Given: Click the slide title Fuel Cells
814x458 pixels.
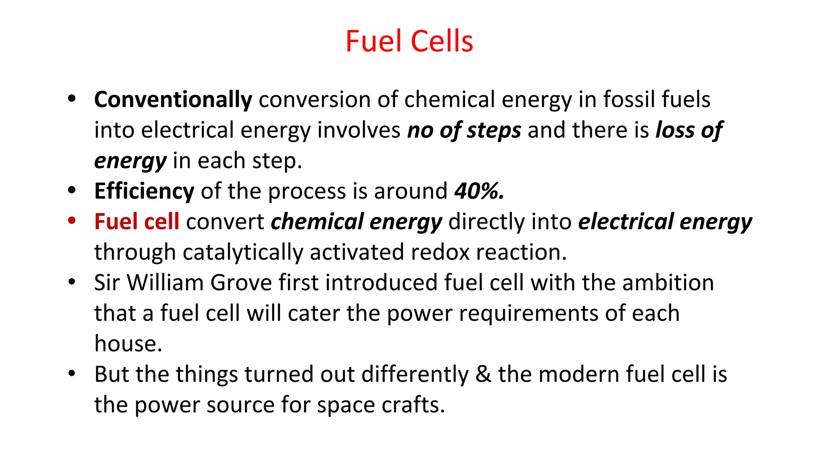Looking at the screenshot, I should click(409, 41).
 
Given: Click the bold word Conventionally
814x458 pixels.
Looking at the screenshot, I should click(173, 99).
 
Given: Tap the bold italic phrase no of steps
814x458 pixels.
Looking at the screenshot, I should click(464, 130).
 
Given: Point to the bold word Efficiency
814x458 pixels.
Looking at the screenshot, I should click(144, 191).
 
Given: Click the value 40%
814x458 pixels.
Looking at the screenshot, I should click(479, 191).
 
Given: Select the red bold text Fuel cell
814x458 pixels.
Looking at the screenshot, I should click(136, 222).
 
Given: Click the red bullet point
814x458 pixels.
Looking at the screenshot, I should click(72, 221).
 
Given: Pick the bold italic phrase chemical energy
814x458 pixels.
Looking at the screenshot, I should click(356, 222).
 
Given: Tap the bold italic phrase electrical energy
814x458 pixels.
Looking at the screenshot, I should click(665, 222).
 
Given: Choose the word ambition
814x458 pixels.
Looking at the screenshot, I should click(668, 283).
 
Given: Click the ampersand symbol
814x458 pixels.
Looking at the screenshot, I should click(483, 375).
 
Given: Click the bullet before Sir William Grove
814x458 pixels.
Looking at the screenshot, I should click(72, 282).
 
